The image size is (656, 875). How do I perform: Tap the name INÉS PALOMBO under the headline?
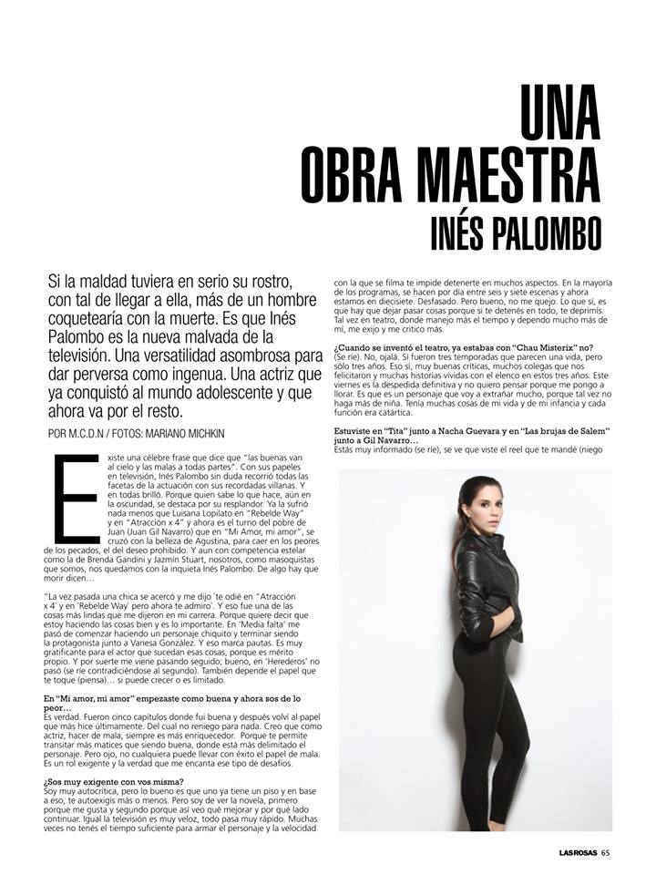515,231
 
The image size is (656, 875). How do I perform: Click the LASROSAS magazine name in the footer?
565,853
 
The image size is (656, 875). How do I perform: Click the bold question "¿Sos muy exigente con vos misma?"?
118,781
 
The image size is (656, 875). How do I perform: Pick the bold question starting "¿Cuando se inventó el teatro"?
463,347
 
